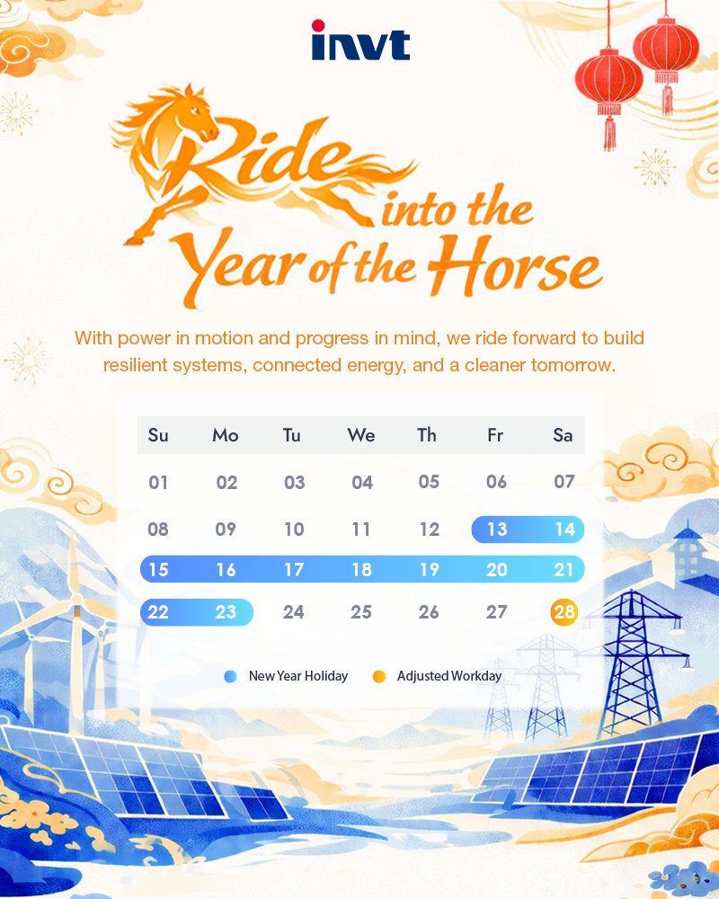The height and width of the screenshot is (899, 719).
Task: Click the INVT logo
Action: click(359, 41)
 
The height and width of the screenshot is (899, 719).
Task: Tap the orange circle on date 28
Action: click(564, 613)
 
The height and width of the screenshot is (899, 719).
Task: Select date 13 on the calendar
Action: click(497, 530)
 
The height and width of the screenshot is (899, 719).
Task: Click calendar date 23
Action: click(226, 613)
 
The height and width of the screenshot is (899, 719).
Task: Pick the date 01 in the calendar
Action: click(159, 483)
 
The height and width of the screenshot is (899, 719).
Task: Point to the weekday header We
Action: click(361, 436)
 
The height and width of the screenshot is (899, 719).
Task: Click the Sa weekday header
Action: click(564, 436)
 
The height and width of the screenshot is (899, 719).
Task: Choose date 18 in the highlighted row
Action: click(361, 570)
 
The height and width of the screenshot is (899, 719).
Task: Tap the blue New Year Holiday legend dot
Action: click(231, 676)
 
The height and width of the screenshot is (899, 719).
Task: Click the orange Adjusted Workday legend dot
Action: click(379, 676)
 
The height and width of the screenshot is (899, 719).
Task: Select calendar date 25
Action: click(361, 613)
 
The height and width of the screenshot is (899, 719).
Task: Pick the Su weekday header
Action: click(158, 436)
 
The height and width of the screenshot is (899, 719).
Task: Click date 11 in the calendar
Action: click(361, 530)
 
